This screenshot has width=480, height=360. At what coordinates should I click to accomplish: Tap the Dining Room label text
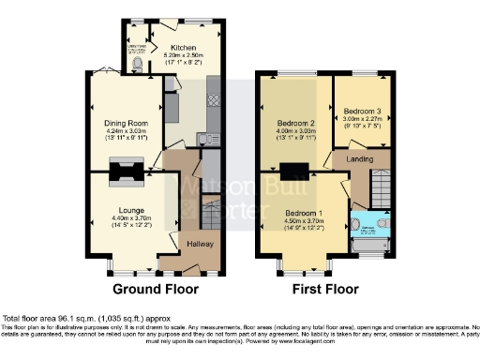(x=127, y=121)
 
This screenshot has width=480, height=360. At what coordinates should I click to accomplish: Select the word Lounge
(x=130, y=211)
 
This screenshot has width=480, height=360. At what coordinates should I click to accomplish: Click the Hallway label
(x=201, y=244)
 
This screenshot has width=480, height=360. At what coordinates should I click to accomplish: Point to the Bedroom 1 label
(x=305, y=215)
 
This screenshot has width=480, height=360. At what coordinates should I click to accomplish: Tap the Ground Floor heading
(x=150, y=290)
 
